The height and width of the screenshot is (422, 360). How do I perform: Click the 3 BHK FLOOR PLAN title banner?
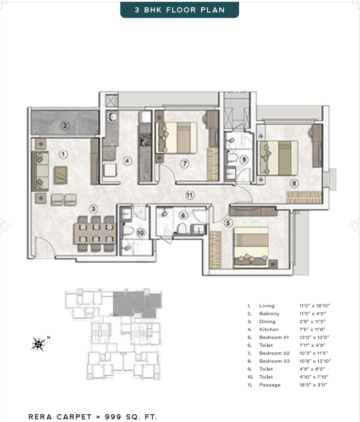pos(180,10)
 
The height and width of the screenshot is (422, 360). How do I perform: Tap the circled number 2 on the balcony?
pos(65,125)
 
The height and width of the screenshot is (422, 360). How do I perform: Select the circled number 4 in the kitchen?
pos(127,161)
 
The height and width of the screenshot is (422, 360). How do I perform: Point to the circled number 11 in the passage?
pos(190,195)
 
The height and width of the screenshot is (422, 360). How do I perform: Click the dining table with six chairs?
pos(96,234)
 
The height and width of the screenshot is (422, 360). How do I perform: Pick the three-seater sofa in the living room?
pos(40,171)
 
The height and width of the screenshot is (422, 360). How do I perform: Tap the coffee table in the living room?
pos(60,175)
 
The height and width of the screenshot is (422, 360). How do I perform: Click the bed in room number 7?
pos(176,138)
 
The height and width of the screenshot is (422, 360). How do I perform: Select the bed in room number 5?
pos(251,248)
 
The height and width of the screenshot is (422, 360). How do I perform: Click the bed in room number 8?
pos(278,158)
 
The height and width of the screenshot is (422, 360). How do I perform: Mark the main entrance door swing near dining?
pos(45,246)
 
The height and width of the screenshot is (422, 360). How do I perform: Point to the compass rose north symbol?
pos(38,344)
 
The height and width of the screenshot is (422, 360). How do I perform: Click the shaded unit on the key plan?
pos(137,304)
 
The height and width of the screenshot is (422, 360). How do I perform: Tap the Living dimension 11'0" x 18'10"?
pos(315,306)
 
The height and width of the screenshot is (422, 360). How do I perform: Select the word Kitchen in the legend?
pos(269,330)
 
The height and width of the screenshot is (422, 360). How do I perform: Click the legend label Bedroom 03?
pos(274,361)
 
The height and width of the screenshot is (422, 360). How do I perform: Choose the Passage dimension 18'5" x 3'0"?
pos(313,385)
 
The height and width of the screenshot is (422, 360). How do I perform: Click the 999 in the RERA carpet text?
pos(113,417)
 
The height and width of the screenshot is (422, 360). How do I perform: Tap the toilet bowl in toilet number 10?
pos(128,231)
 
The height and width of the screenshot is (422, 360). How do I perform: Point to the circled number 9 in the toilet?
pos(244,159)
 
